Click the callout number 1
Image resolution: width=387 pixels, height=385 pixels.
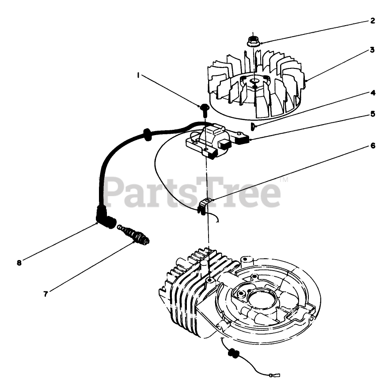(x=138, y=75)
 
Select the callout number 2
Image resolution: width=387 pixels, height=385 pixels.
(x=372, y=20)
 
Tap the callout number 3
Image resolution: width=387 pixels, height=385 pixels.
(x=372, y=50)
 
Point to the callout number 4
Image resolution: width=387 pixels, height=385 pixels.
(x=373, y=93)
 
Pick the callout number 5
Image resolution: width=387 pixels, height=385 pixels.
(x=373, y=114)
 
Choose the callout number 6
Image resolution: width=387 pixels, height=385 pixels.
(x=373, y=145)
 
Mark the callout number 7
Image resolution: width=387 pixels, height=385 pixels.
(x=46, y=292)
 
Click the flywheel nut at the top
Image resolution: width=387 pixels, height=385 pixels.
(x=253, y=41)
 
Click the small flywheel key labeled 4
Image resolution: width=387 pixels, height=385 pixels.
(x=252, y=127)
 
